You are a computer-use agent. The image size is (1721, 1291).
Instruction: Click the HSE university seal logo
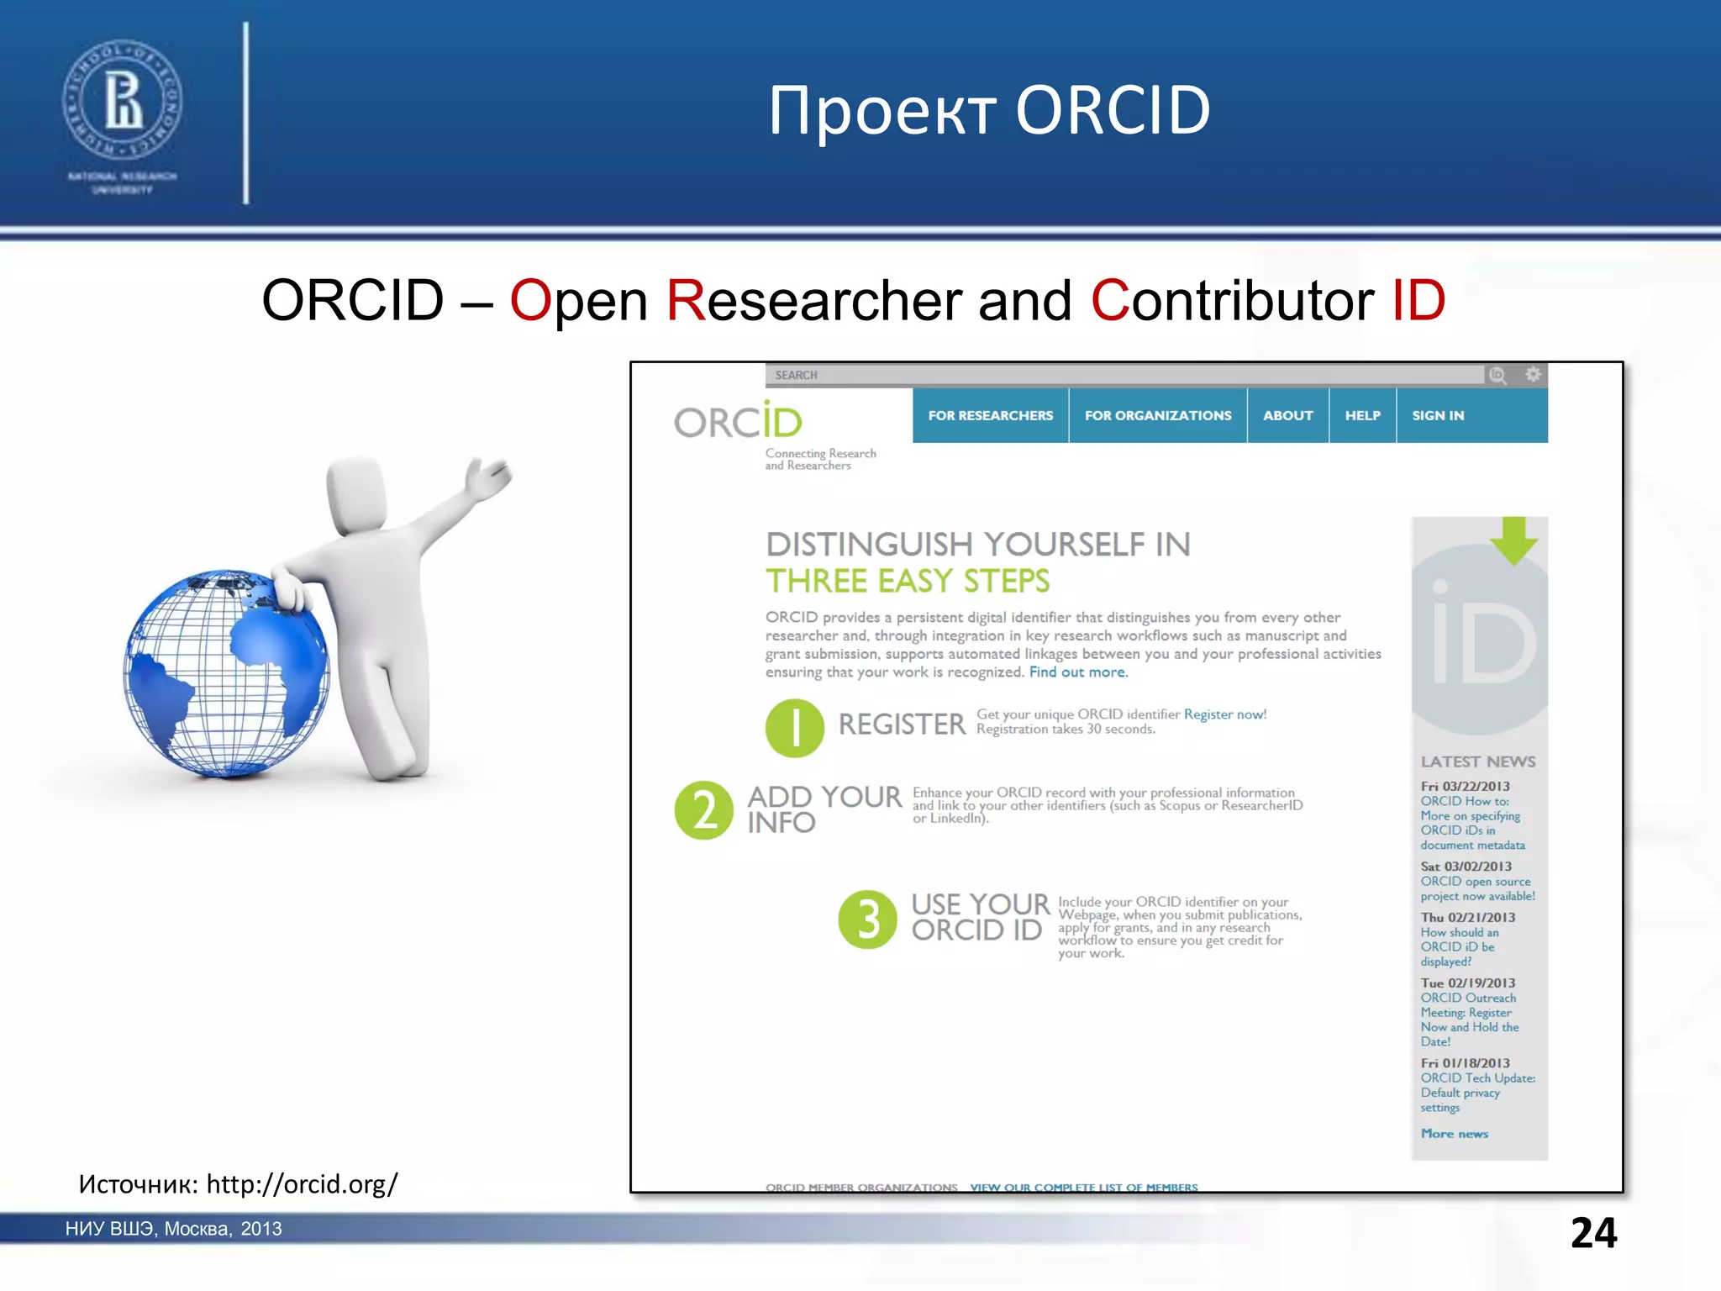coord(122,102)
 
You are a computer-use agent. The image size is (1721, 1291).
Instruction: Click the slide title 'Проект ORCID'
coord(989,110)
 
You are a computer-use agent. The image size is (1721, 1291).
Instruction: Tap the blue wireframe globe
coord(225,672)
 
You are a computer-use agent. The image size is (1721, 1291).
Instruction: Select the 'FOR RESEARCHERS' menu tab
coord(990,415)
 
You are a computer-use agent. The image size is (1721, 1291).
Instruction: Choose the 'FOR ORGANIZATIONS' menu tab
coord(1157,415)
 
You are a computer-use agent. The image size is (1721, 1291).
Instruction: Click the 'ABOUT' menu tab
coord(1287,415)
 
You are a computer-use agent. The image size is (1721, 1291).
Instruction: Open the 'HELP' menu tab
coord(1362,415)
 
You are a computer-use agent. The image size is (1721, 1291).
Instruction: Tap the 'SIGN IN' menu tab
coord(1438,415)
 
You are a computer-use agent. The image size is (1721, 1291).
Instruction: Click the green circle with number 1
coord(794,728)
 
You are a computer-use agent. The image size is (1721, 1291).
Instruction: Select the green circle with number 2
coord(704,810)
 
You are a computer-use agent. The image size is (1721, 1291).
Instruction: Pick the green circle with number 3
coord(868,919)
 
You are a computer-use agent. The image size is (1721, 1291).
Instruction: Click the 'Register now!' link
coord(1224,714)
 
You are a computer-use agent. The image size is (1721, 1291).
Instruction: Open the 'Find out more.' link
coord(1078,672)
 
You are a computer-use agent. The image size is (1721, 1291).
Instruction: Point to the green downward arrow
coord(1514,540)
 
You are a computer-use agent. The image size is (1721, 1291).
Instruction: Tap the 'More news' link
coord(1454,1134)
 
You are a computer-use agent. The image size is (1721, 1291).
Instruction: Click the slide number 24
coord(1593,1233)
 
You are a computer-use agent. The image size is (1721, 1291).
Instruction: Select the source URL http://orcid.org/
coord(302,1184)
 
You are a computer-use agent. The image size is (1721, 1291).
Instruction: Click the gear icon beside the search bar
coord(1533,375)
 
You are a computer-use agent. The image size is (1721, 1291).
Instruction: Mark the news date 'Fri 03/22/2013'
coord(1465,787)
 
